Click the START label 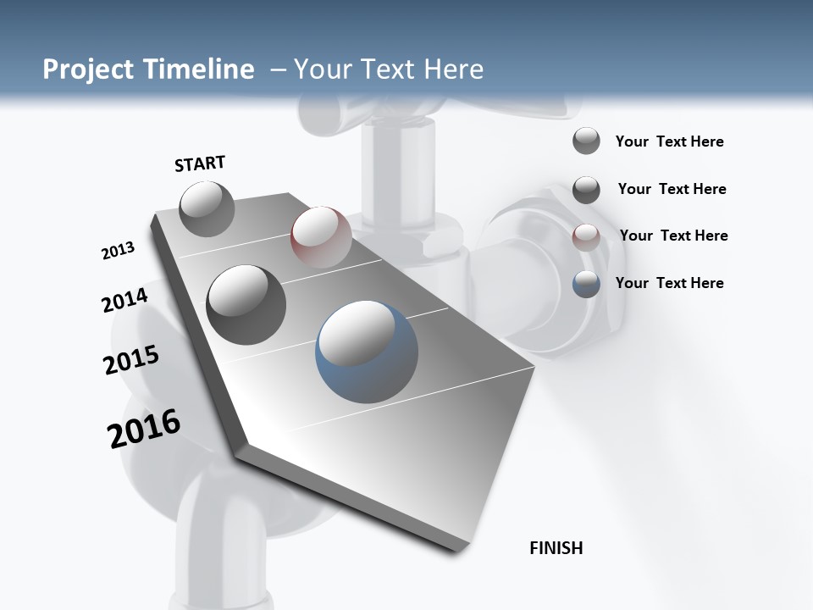click(200, 164)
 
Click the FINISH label click(556, 548)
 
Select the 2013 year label click(119, 251)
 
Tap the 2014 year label click(125, 300)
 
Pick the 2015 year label click(131, 360)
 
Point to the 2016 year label click(144, 428)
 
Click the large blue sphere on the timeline click(367, 350)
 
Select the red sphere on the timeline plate click(321, 236)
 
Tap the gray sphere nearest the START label click(207, 208)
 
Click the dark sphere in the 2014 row click(246, 304)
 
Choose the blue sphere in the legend click(586, 284)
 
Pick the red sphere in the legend click(586, 237)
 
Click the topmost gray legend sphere click(586, 141)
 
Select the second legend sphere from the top click(586, 190)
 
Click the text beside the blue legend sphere click(669, 283)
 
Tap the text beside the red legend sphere click(673, 236)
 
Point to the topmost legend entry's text click(669, 141)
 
